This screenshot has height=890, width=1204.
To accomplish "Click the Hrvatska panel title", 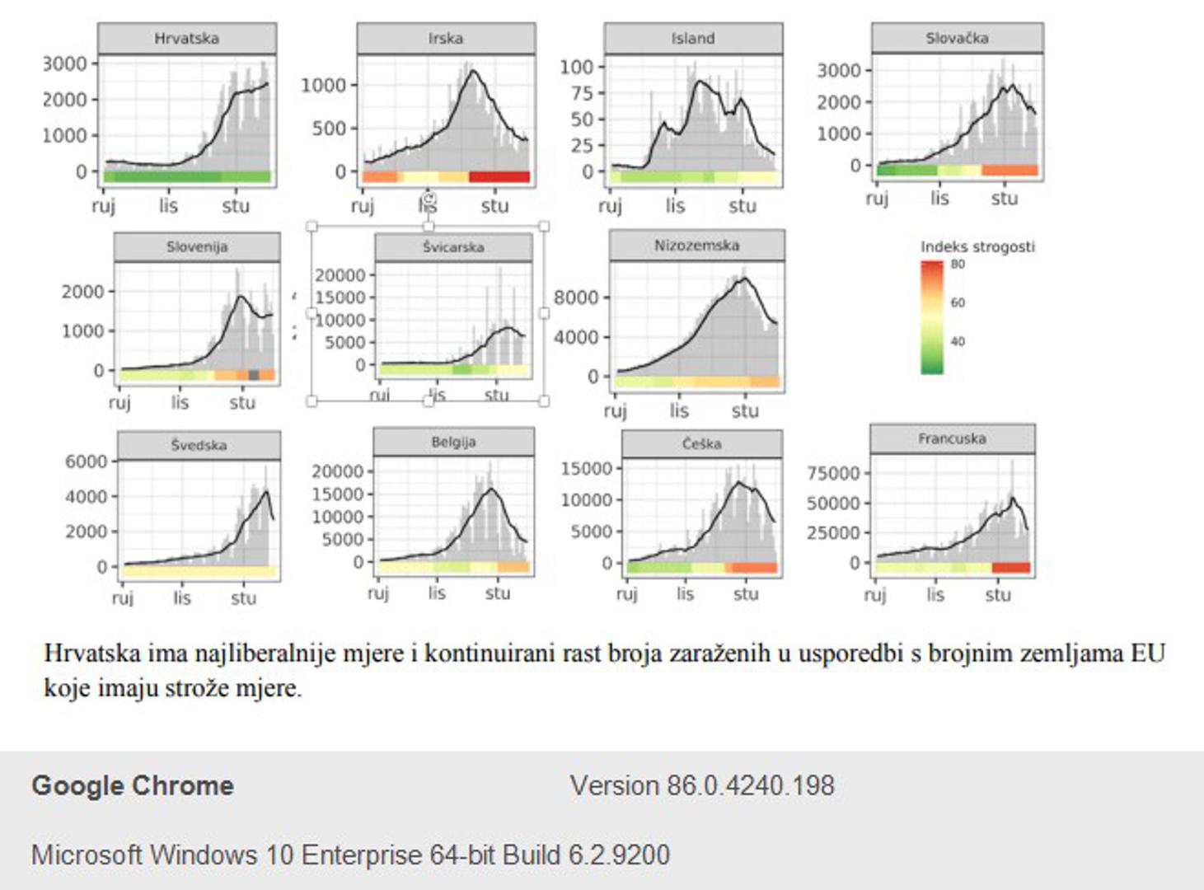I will tap(186, 39).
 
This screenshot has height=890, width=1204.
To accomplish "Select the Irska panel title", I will tap(445, 39).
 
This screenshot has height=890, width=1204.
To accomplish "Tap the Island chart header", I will tap(692, 39).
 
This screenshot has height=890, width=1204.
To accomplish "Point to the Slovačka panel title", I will tap(957, 38).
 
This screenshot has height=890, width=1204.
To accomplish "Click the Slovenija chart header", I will tap(197, 246).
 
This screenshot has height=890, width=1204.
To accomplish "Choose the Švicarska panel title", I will tap(453, 246).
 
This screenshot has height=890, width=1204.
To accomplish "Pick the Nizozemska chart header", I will tap(696, 246).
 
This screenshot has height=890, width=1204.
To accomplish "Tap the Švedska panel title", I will tap(199, 445).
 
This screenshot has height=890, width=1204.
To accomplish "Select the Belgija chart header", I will tap(453, 442).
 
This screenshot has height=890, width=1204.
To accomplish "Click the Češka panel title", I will tap(701, 443).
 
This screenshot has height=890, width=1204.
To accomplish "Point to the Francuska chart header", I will tap(952, 438).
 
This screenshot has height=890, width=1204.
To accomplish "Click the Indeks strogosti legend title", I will tap(977, 246).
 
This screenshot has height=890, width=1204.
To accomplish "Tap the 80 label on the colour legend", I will tap(957, 265).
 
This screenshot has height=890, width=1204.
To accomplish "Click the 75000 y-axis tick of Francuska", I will tap(832, 473).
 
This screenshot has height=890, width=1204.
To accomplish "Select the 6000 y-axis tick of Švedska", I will tap(87, 461).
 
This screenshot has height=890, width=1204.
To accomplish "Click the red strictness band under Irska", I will tap(499, 177).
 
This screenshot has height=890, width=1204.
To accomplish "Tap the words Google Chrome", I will tap(133, 785).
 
